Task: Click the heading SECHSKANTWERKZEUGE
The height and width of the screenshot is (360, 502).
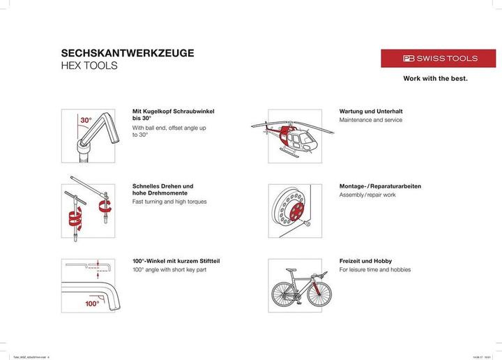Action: coord(128,53)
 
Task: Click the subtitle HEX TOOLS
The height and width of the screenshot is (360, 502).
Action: coord(89,66)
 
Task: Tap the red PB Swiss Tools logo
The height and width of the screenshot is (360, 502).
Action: coord(438,59)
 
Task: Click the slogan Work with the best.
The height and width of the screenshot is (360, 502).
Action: coord(435,79)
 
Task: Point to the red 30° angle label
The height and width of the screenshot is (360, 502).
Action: coord(85,121)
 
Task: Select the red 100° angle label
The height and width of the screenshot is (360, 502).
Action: coord(92,303)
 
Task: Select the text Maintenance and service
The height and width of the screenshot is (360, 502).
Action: coord(370,120)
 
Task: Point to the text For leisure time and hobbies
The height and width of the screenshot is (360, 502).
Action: coord(375,269)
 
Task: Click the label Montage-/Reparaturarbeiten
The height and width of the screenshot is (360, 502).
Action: coord(380,186)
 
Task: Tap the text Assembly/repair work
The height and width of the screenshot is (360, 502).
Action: coord(367,195)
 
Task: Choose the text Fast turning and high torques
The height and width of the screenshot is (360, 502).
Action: coord(169,202)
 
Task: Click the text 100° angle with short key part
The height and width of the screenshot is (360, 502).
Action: coord(170,269)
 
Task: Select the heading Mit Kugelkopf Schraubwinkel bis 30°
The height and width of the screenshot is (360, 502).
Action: coord(173,115)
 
